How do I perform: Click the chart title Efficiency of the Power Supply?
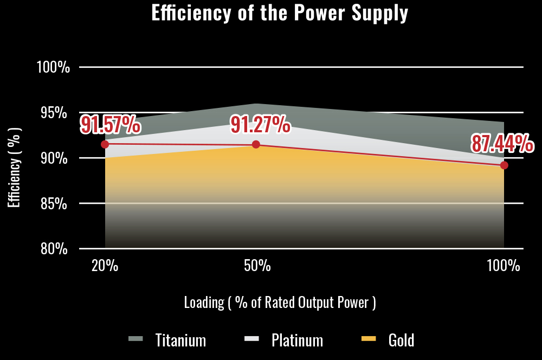[x=280, y=13]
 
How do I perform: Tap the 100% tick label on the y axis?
[x=53, y=67]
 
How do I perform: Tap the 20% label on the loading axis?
[x=105, y=266]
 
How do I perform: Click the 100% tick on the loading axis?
[x=504, y=266]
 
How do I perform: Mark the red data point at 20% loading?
[x=105, y=144]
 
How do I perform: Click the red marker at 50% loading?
[x=256, y=144]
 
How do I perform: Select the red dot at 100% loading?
[x=504, y=165]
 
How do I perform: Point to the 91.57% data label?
[x=111, y=125]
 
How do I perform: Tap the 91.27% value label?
[x=261, y=125]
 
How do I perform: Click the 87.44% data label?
[x=502, y=144]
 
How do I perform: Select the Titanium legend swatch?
[x=135, y=339]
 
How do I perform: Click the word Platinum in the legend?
[x=297, y=340]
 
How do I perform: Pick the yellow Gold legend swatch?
[x=369, y=339]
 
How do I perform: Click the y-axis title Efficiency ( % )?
[x=15, y=167]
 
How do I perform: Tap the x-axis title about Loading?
[x=280, y=302]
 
